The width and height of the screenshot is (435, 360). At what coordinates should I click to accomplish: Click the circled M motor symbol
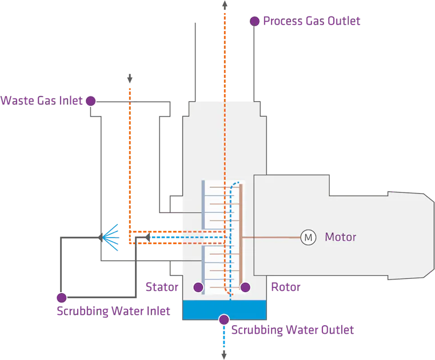pos(308,237)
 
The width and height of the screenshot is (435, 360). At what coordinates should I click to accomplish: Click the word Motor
pos(340,237)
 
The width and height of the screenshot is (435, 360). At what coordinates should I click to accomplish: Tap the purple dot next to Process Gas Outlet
pos(255,21)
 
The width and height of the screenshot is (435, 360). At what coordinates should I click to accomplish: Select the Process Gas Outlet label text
pos(312,21)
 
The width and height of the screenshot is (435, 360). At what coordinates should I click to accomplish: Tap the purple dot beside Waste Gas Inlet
pos(90,102)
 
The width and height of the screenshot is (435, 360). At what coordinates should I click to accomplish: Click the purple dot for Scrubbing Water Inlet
pos(61,298)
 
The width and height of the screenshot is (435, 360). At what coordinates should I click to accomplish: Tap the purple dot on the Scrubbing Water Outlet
pos(224,319)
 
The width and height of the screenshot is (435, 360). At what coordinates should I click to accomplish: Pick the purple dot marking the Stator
pos(198,287)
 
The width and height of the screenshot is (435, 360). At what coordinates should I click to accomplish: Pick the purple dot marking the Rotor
pos(245,287)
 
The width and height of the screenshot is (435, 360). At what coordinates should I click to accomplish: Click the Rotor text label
pos(285,287)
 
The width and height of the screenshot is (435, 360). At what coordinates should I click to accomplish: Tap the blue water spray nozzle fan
pos(111,237)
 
